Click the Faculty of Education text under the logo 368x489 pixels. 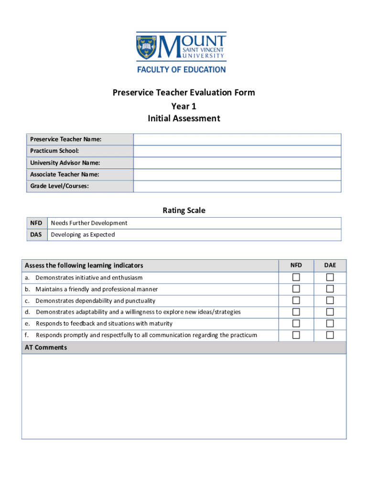tap(182, 69)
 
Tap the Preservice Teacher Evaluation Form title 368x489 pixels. tap(184, 93)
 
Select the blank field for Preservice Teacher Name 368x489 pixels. tap(237, 139)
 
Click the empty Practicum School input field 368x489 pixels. tap(237, 151)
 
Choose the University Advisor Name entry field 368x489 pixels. tap(237, 163)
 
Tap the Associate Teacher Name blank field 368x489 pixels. tap(237, 175)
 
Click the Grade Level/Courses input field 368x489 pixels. tap(237, 186)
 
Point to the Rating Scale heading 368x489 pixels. tap(184, 210)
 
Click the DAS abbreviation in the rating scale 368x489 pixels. tap(36, 234)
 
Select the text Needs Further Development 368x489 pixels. tap(89, 223)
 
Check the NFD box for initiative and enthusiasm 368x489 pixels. tap(296, 277)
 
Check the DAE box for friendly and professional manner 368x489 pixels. tap(330, 289)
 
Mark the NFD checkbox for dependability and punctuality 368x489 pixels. tap(296, 300)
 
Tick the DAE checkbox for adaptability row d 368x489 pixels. tap(330, 312)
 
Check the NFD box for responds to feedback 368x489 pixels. tap(296, 323)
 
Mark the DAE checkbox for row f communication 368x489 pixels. tap(330, 335)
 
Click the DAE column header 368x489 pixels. tap(330, 265)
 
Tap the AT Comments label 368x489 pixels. tap(46, 348)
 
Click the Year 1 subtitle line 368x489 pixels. tap(184, 106)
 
